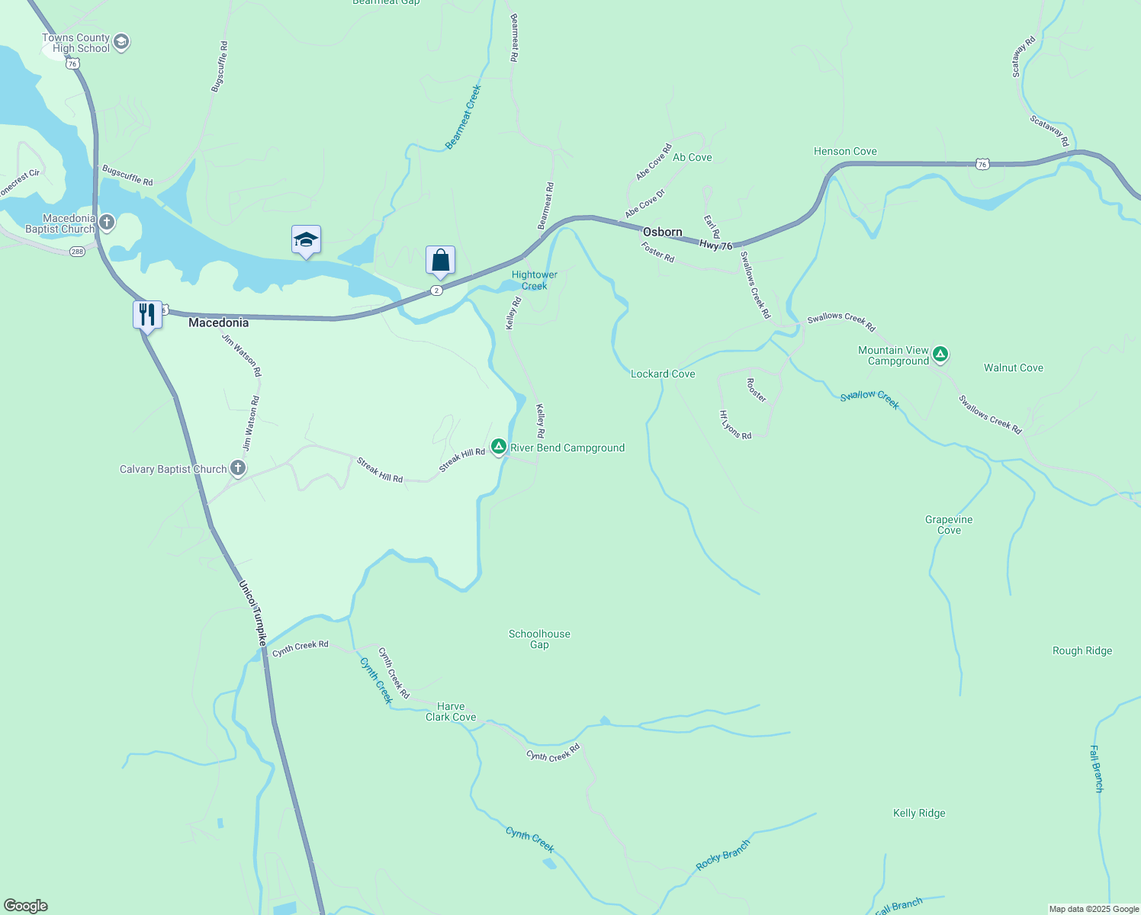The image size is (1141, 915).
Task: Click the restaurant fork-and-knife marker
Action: point(147,314)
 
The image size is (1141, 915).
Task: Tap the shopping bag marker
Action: point(440,261)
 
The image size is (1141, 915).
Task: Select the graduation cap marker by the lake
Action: point(306,240)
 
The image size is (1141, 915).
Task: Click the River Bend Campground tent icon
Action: point(499,447)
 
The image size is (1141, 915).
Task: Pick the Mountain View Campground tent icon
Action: point(940,354)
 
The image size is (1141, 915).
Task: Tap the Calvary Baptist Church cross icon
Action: point(238,468)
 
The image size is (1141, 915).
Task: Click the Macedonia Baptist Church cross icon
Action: point(107,223)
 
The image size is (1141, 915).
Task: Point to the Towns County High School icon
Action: point(121,42)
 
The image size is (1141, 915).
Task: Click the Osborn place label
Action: point(662,232)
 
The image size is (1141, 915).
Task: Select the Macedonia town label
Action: point(218,323)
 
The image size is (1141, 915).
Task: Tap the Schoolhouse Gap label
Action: point(539,639)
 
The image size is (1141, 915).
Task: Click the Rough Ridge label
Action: point(1082,650)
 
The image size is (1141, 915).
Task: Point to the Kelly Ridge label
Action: point(919,813)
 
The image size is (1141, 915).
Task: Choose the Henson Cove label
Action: point(845,151)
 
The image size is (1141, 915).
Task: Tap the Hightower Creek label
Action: point(534,280)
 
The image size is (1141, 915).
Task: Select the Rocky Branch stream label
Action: point(722,856)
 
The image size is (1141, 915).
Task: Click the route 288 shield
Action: point(77,251)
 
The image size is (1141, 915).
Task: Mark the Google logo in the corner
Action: point(25,906)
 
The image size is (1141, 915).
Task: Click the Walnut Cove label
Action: point(1013,368)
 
